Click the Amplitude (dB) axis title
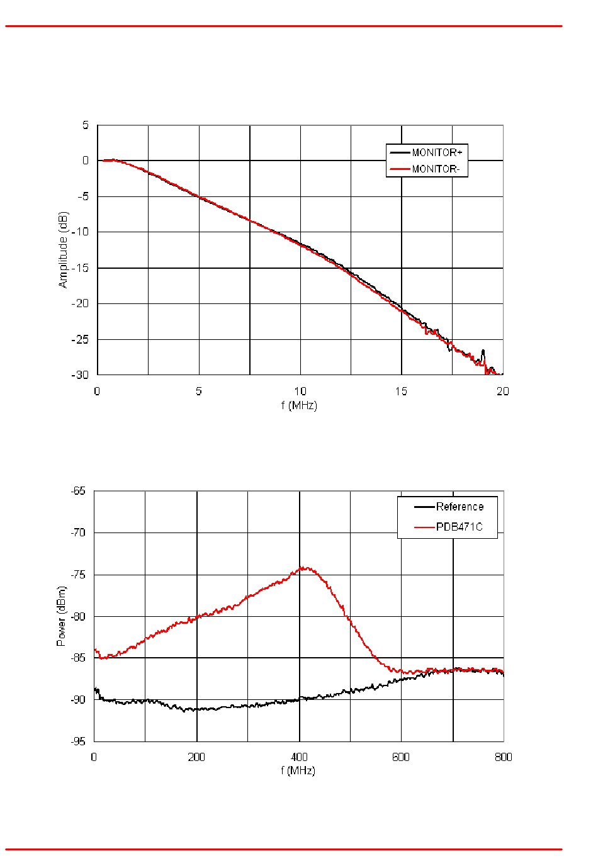[x=63, y=250]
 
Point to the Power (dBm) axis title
[x=61, y=616]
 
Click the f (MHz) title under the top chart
[x=299, y=405]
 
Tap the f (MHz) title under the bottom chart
[x=298, y=770]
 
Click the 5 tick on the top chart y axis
[x=86, y=125]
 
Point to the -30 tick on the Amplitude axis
[x=81, y=375]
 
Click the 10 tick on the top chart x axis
[x=300, y=392]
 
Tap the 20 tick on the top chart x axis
[x=502, y=392]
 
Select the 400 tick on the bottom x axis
[x=299, y=757]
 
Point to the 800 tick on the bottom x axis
[x=503, y=757]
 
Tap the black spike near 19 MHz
[x=483, y=351]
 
